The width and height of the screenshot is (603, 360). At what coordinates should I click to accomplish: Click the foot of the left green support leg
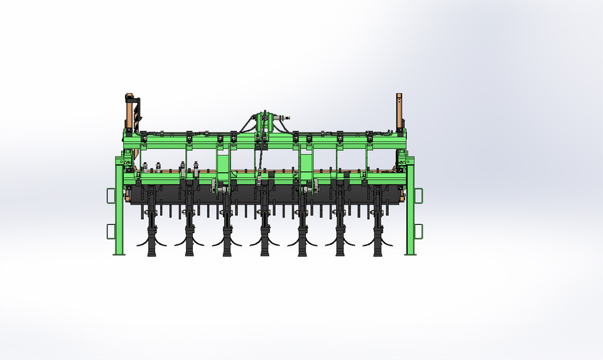tap(118, 253)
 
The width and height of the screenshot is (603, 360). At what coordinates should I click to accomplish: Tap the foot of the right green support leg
tap(410, 253)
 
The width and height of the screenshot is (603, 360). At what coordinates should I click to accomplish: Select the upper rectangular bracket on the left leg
tap(111, 196)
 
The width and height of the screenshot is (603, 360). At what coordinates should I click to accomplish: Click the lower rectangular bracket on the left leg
tap(111, 231)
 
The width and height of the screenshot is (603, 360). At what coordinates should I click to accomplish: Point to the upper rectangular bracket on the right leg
tap(418, 196)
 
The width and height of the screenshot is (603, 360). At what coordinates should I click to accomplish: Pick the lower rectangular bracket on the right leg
tap(418, 231)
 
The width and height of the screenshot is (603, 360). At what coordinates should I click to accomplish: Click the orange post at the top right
tap(399, 110)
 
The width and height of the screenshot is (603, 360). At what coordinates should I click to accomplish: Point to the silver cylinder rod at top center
tap(283, 117)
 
